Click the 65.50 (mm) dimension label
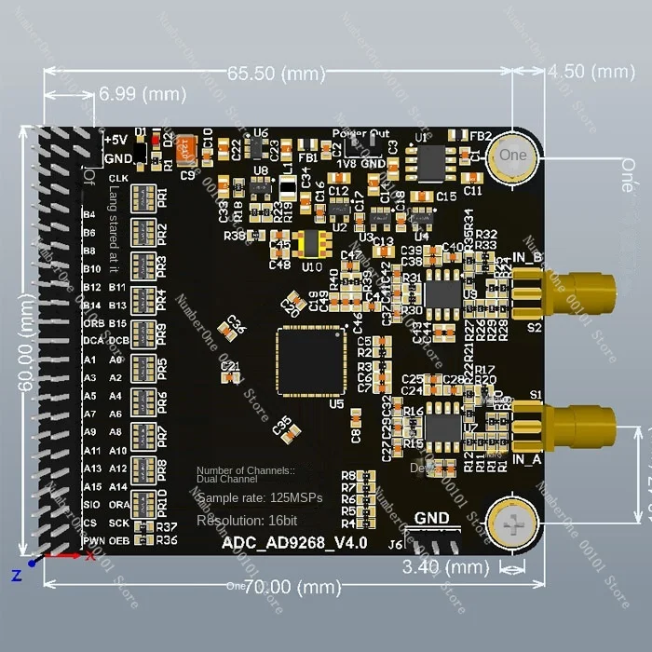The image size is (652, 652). click(x=276, y=72)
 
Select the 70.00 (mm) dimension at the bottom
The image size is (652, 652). click(x=277, y=587)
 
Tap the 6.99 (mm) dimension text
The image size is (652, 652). click(x=143, y=94)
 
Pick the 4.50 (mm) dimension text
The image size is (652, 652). click(x=591, y=72)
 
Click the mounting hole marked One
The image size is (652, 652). click(x=513, y=156)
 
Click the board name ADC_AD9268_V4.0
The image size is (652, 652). click(x=294, y=543)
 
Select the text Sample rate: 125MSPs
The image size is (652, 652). click(x=259, y=497)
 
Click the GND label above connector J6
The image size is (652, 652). click(x=431, y=519)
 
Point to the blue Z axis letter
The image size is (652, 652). click(x=16, y=576)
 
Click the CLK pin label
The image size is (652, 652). click(x=118, y=178)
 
